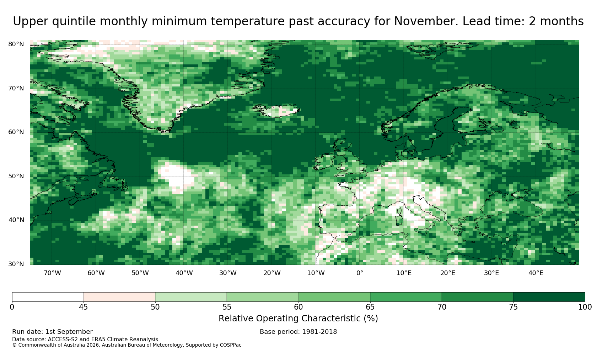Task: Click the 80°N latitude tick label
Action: point(16,44)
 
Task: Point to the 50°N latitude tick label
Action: point(16,176)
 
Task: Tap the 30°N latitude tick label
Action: point(16,264)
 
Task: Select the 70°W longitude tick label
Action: point(53,273)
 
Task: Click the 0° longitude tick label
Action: point(360,273)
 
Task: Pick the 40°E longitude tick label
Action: point(536,273)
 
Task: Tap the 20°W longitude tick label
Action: point(272,273)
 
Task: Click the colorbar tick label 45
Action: point(84,307)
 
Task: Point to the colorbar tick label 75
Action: point(513,307)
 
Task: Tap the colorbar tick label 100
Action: point(585,307)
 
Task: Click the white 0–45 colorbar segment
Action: point(48,297)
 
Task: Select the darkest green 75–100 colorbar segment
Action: point(549,297)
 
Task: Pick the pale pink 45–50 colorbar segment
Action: point(119,297)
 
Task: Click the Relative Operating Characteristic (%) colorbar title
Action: point(298,319)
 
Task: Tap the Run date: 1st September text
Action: point(52,332)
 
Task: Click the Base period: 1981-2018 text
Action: point(298,332)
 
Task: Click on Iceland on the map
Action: point(277,111)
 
